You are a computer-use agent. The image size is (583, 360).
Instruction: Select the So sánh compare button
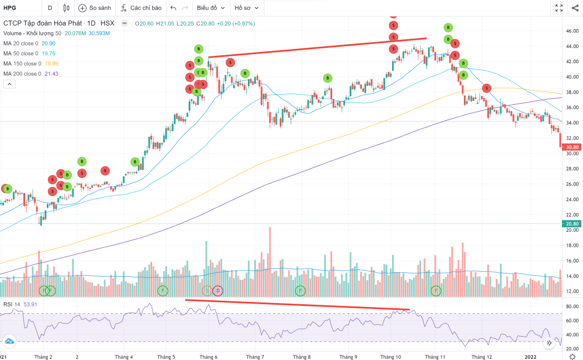tap(96, 9)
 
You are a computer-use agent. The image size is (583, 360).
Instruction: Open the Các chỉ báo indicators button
tap(141, 9)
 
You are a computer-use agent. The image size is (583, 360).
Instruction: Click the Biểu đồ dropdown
tap(210, 9)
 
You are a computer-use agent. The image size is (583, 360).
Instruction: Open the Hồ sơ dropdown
tap(247, 9)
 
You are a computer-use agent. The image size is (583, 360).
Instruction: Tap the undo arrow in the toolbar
tap(173, 9)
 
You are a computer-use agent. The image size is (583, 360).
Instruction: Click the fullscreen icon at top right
tap(560, 9)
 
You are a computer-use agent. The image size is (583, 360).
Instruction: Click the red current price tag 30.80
tap(572, 146)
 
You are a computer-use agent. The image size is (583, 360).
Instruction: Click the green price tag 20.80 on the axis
tap(572, 224)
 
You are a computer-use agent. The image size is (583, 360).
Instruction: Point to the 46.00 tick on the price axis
tap(572, 31)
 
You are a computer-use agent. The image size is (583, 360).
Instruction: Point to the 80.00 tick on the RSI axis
tap(572, 306)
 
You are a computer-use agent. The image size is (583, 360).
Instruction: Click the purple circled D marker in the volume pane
tap(218, 291)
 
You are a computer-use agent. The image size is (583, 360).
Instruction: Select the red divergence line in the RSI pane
tap(296, 305)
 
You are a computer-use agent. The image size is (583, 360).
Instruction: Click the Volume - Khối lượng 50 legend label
tap(32, 33)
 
